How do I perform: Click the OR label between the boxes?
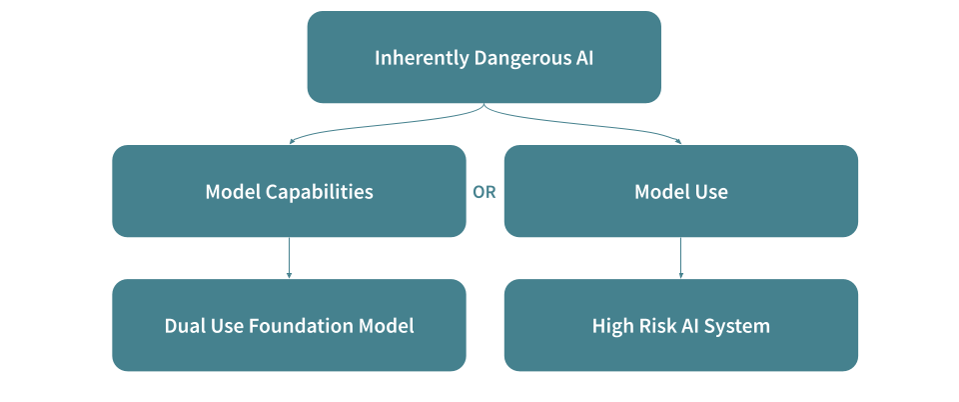(484, 192)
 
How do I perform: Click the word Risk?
(655, 326)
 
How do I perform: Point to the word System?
(739, 326)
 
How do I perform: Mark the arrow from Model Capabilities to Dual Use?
(289, 258)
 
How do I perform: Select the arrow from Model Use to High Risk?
(681, 258)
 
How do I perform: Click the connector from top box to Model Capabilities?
(380, 125)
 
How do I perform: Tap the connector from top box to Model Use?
(589, 125)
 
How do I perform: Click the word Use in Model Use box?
(709, 192)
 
